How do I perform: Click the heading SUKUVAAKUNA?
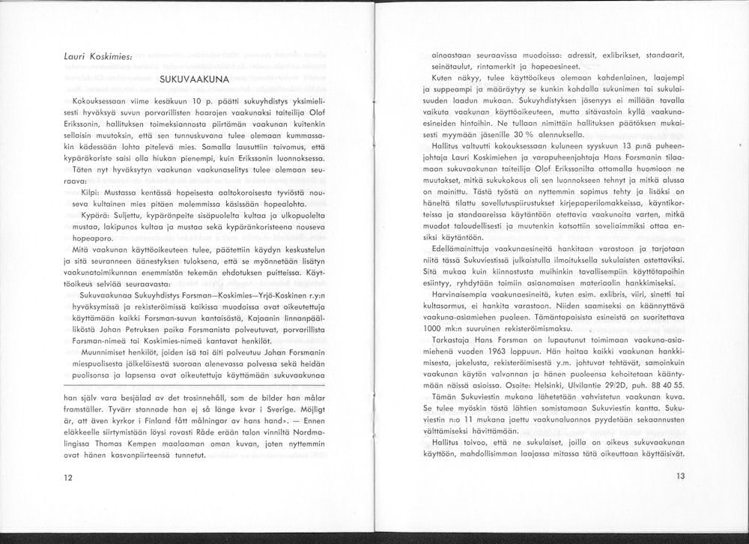tap(187, 78)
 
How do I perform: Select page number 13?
tap(680, 476)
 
